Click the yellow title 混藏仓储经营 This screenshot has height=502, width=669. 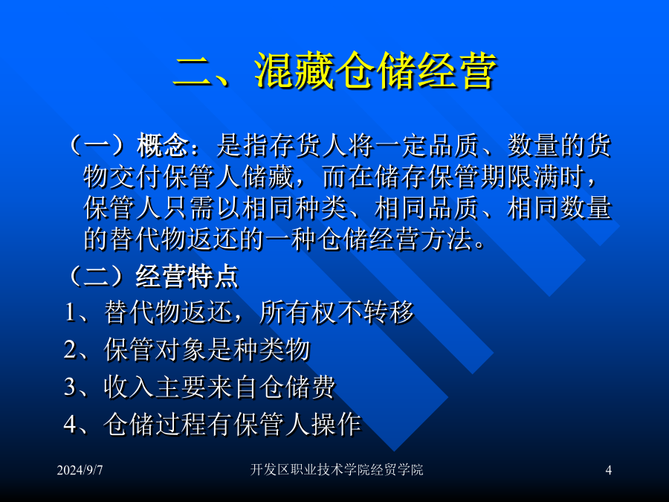click(375, 71)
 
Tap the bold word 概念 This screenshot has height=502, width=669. click(162, 145)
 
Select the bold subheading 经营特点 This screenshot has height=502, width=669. click(187, 276)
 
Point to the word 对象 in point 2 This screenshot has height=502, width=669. click(182, 350)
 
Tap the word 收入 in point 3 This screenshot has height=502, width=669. click(129, 387)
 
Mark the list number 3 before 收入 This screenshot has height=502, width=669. click(70, 387)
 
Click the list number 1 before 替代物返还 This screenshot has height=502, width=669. click(70, 312)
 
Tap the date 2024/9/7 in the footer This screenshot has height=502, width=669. click(80, 470)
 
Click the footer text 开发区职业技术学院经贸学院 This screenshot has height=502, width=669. click(337, 469)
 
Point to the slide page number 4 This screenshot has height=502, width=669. click(608, 470)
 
